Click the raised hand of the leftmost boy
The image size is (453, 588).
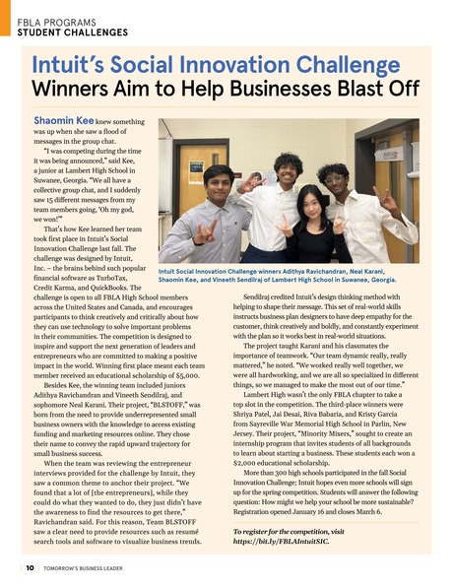coord(205,234)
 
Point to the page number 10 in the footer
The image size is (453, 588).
coord(21,568)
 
